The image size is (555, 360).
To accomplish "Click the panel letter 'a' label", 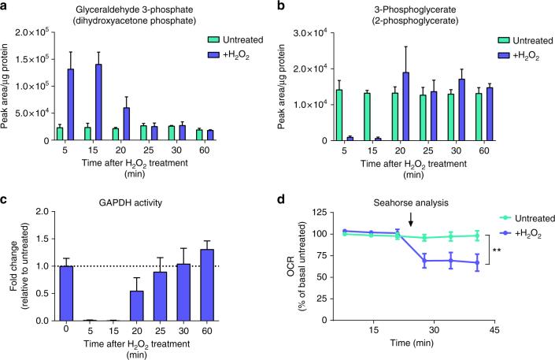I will click(x=6, y=6).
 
